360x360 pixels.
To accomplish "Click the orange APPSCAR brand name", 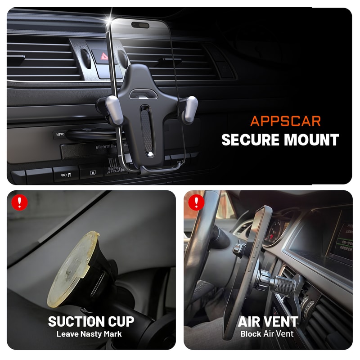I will tap(286, 121).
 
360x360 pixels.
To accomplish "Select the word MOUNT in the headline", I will tap(315, 139).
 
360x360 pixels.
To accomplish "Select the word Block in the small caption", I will tap(251, 334).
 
